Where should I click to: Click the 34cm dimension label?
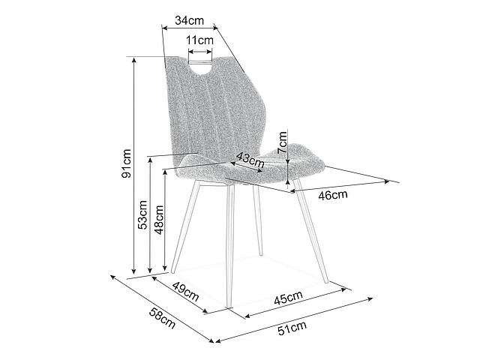(x=189, y=20)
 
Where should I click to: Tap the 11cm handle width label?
(x=200, y=40)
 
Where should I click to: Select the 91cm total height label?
(x=126, y=163)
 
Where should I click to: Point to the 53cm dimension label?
(x=142, y=214)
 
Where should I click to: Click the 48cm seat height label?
(x=159, y=220)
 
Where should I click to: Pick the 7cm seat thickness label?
(x=282, y=142)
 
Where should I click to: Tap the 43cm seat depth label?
(x=250, y=160)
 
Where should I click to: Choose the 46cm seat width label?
(x=333, y=195)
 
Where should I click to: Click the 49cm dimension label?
(x=186, y=291)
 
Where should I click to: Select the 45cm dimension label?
(x=288, y=298)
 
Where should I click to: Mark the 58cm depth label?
(x=162, y=318)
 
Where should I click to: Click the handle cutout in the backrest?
(x=200, y=67)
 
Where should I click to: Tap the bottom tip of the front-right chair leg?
(x=327, y=281)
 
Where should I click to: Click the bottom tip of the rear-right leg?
(x=261, y=254)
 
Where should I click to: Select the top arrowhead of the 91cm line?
(x=133, y=59)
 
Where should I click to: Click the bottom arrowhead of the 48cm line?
(x=165, y=267)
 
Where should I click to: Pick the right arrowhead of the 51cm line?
(x=370, y=298)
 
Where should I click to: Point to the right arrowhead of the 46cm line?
(x=387, y=181)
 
